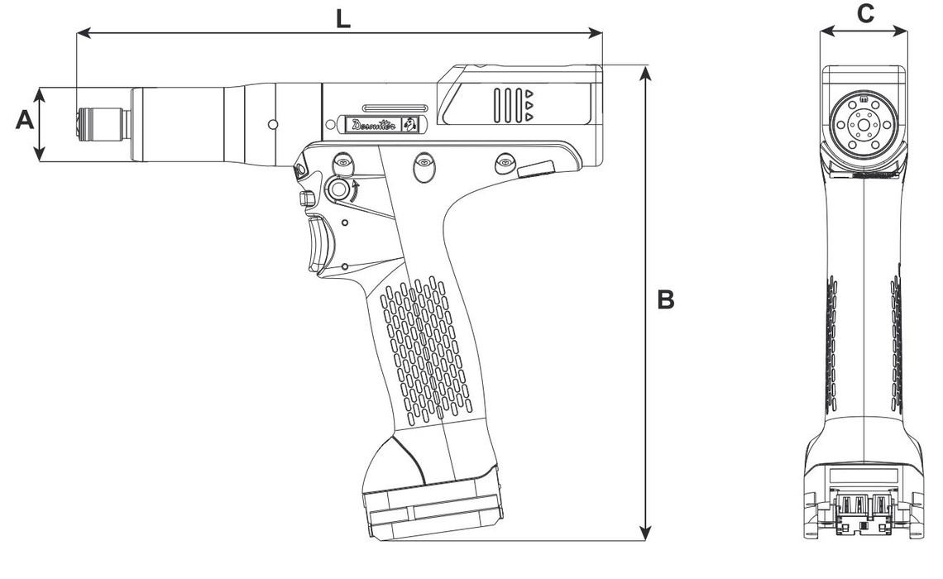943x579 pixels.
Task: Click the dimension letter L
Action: tap(343, 19)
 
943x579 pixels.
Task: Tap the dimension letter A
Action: tap(24, 121)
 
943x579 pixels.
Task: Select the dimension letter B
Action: tap(665, 299)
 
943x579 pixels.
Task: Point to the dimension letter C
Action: tap(864, 13)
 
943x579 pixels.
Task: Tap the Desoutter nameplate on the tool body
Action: tap(381, 125)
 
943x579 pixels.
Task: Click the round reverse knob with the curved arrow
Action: tap(339, 190)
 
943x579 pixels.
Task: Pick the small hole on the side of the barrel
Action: tap(272, 124)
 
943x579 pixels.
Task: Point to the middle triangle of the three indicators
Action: tap(528, 105)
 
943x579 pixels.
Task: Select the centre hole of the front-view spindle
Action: tap(863, 126)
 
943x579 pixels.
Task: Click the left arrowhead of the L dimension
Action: tap(79, 33)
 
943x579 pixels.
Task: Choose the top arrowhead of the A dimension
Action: tap(39, 91)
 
